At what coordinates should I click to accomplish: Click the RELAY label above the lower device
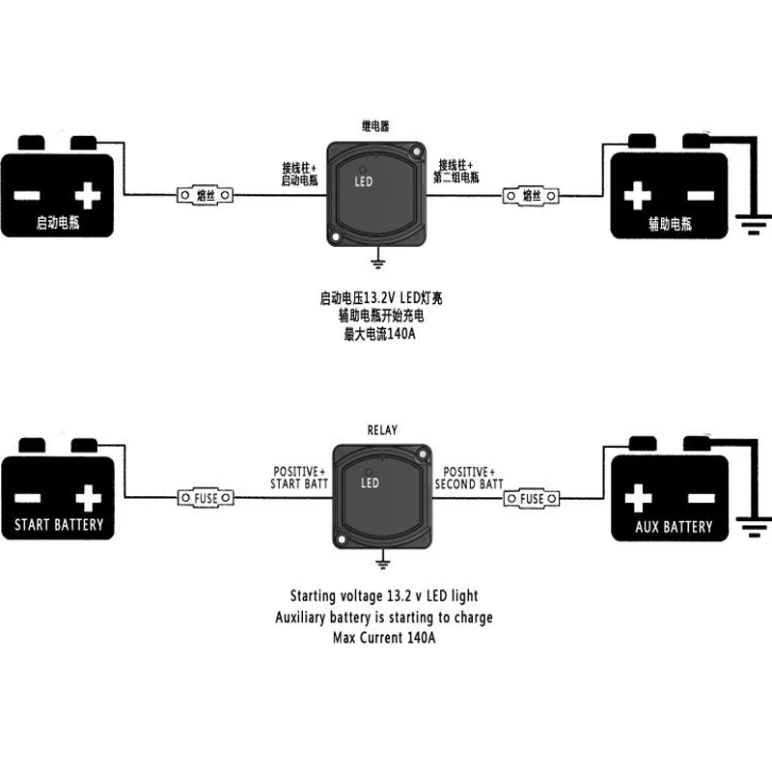(x=382, y=429)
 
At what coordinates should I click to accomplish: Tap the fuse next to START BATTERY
(x=206, y=498)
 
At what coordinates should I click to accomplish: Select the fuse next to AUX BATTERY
(x=532, y=499)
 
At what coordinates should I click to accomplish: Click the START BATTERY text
(x=59, y=524)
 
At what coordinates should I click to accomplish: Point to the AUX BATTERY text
(x=674, y=527)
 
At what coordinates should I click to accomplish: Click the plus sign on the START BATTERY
(x=89, y=498)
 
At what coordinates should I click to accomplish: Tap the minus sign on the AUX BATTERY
(x=702, y=498)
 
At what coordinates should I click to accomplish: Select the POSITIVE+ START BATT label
(x=299, y=478)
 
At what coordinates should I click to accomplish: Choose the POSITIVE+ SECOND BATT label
(x=469, y=478)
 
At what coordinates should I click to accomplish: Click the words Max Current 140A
(x=384, y=638)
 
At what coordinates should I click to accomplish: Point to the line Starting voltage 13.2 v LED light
(x=384, y=596)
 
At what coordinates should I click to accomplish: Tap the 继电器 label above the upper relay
(x=375, y=126)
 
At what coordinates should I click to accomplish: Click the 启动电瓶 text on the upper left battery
(x=58, y=223)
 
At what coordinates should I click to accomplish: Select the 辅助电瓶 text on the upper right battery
(x=670, y=224)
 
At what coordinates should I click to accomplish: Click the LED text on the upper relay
(x=364, y=181)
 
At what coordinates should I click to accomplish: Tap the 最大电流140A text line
(x=379, y=334)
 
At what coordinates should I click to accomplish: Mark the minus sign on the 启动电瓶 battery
(x=27, y=196)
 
